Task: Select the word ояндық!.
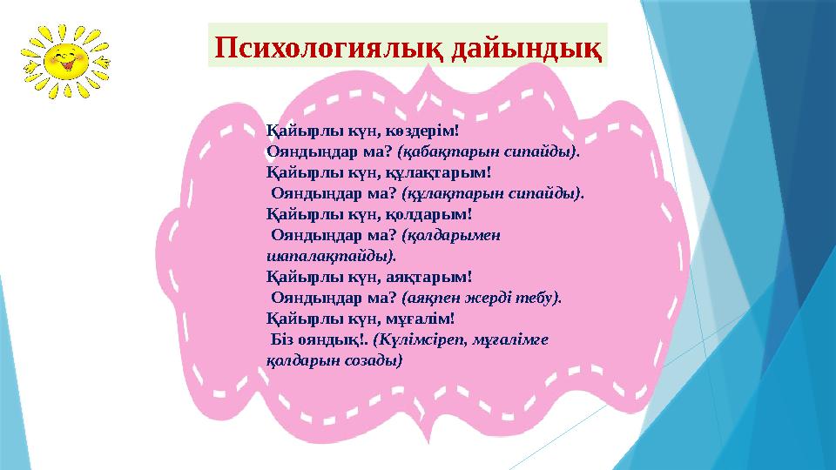[334, 339]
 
